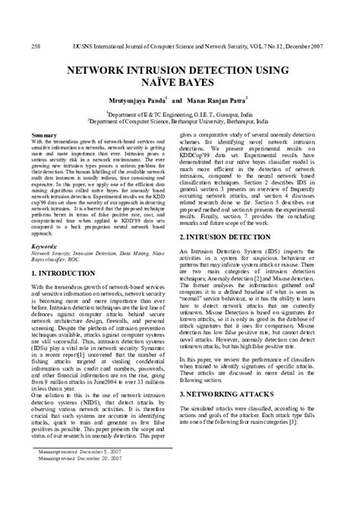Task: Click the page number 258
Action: click(36, 46)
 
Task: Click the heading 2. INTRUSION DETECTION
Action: click(232, 238)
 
